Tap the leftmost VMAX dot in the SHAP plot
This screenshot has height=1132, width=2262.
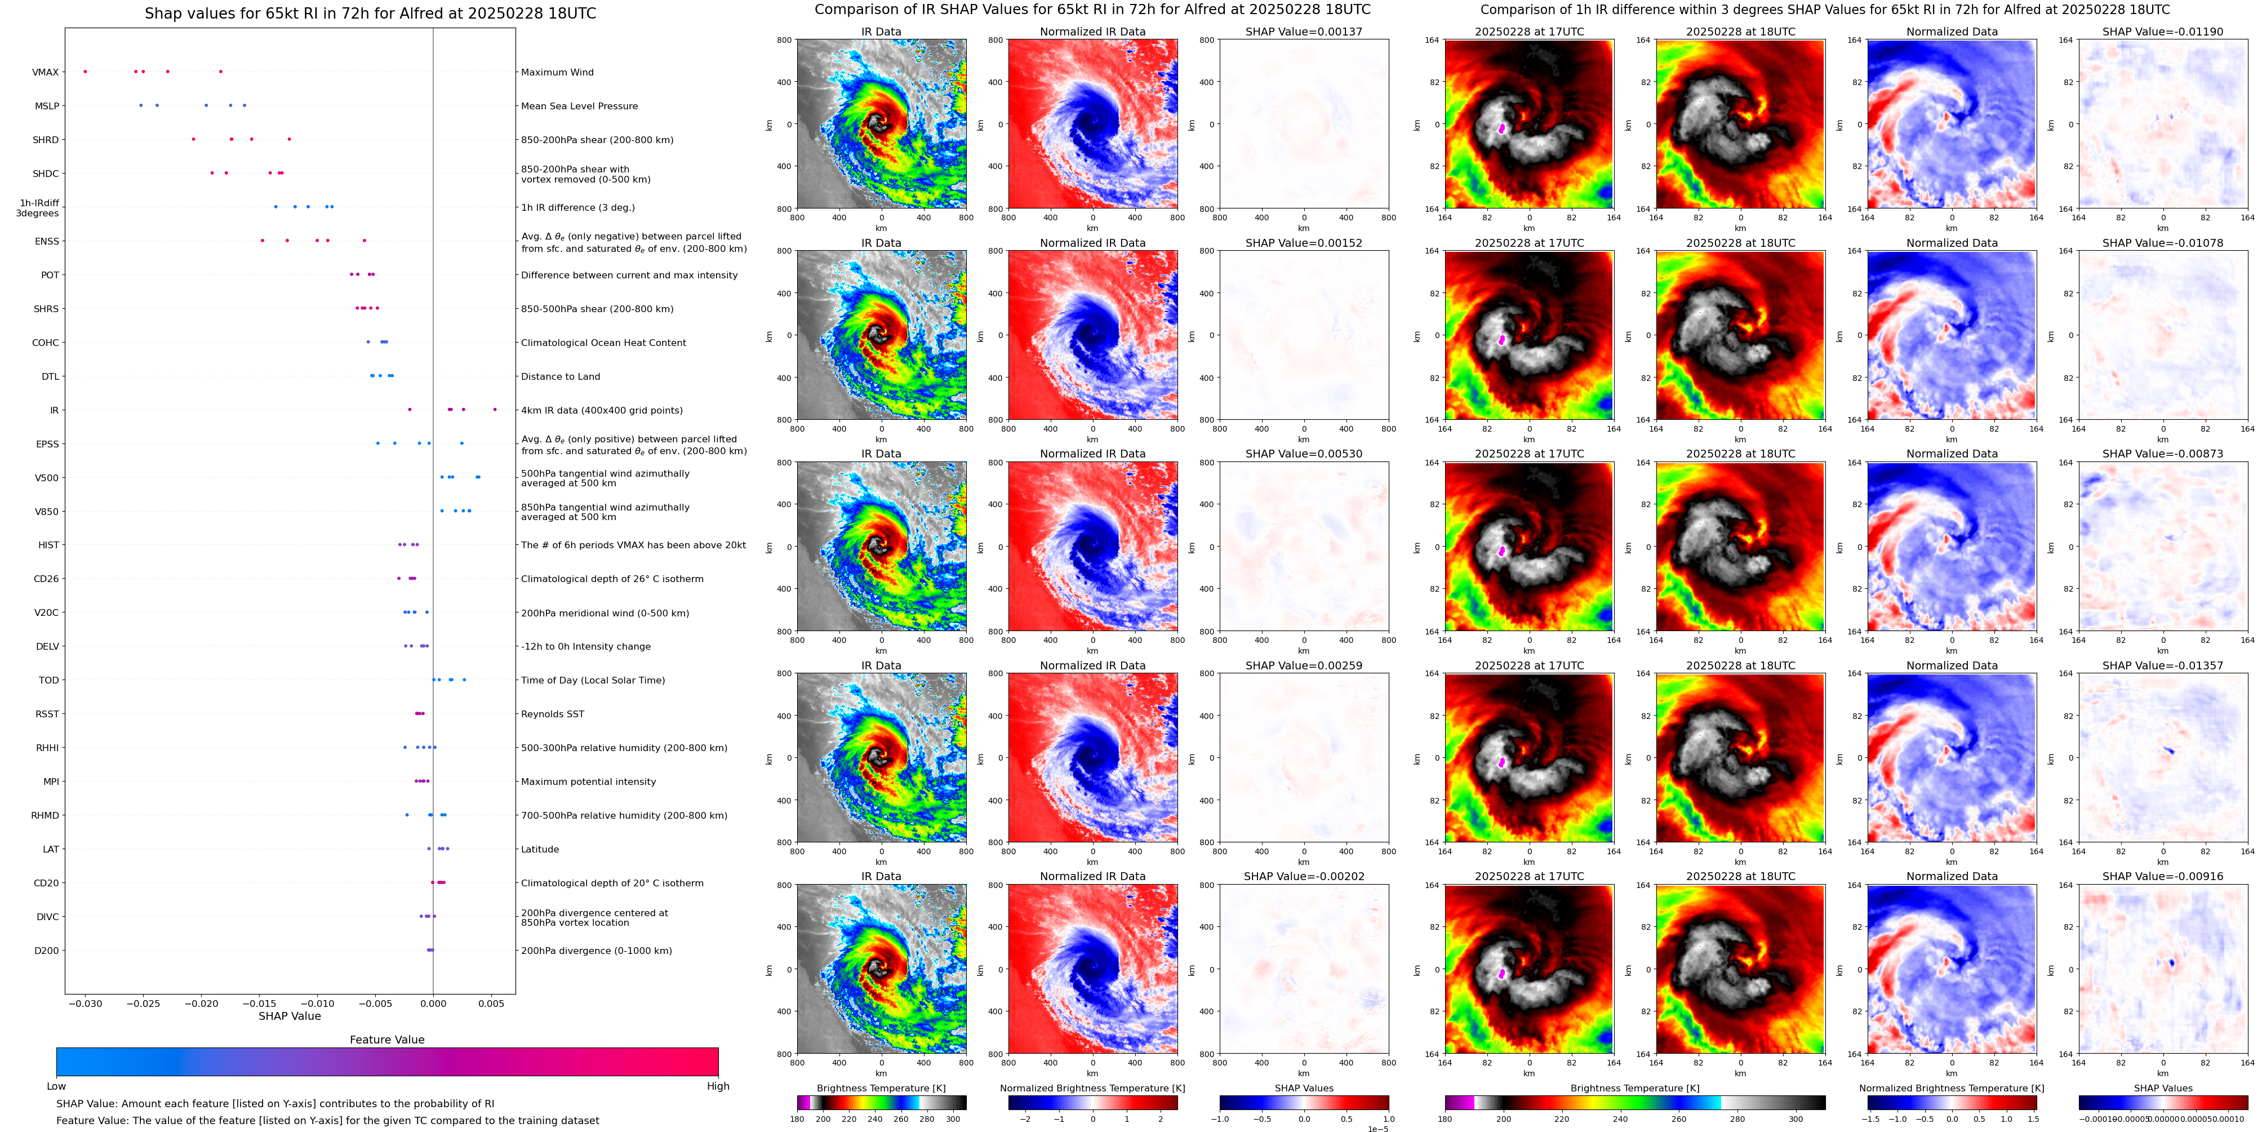pos(85,71)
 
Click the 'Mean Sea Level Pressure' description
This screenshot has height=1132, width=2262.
pos(580,106)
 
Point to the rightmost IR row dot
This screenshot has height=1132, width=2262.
pos(495,409)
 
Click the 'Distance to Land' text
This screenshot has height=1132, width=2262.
pos(560,377)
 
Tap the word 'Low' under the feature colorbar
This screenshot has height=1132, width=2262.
pos(56,1086)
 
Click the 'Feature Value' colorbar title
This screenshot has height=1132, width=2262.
pos(387,1040)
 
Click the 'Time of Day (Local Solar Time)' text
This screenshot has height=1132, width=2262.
pos(593,681)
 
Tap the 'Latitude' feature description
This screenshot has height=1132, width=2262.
pos(540,849)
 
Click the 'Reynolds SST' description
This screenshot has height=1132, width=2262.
pos(552,714)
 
